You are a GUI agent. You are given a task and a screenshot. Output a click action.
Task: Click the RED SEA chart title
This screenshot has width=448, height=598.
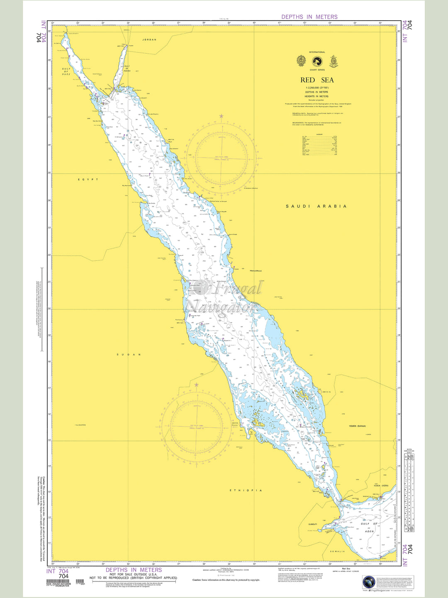[x=317, y=80]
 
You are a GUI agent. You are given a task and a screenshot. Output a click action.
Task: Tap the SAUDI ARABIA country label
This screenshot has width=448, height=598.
[x=316, y=206]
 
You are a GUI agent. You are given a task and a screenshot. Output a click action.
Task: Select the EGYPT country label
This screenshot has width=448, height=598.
[x=88, y=179]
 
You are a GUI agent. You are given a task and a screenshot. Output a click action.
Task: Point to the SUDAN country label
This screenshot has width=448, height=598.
[x=129, y=355]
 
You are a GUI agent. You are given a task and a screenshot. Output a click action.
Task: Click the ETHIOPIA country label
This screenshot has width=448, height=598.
[x=246, y=490]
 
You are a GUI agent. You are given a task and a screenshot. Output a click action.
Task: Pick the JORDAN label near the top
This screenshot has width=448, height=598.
[x=149, y=40]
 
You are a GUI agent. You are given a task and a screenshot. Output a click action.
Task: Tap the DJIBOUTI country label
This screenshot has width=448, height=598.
[x=312, y=524]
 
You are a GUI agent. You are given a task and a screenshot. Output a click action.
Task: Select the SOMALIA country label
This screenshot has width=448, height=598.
[x=338, y=551]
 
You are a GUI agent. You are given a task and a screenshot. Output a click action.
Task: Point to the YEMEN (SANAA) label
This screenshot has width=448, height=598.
[x=357, y=426]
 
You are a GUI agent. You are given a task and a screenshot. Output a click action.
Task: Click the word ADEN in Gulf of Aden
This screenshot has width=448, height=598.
[x=369, y=531]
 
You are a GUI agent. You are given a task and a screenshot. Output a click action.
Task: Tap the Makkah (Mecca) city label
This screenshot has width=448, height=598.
[x=256, y=271]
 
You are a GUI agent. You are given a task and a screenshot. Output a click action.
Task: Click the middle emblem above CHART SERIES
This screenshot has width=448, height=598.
[x=317, y=61]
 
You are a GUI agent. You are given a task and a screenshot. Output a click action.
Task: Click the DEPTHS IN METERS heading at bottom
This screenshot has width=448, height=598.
[x=134, y=570]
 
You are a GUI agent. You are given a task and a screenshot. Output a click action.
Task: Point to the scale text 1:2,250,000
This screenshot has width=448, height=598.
[x=317, y=88]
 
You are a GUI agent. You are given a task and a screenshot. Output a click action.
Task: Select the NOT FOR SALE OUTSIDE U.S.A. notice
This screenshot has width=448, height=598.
[x=133, y=574]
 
